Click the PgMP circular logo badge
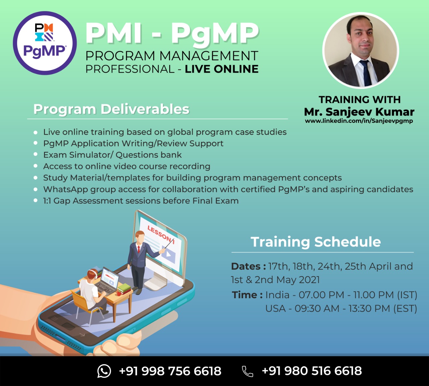point(45,43)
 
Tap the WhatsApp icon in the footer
point(104,371)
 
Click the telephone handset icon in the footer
point(247,371)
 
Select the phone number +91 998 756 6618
point(170,371)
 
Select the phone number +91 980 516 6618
point(312,371)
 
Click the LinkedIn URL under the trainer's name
point(359,121)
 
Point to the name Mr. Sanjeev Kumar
point(359,112)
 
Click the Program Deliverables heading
point(111,109)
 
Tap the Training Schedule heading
point(316,242)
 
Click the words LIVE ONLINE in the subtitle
point(222,69)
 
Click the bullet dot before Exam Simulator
point(36,154)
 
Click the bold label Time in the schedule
point(247,295)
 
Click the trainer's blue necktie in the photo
point(366,73)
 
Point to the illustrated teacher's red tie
point(139,249)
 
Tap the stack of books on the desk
point(124,289)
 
